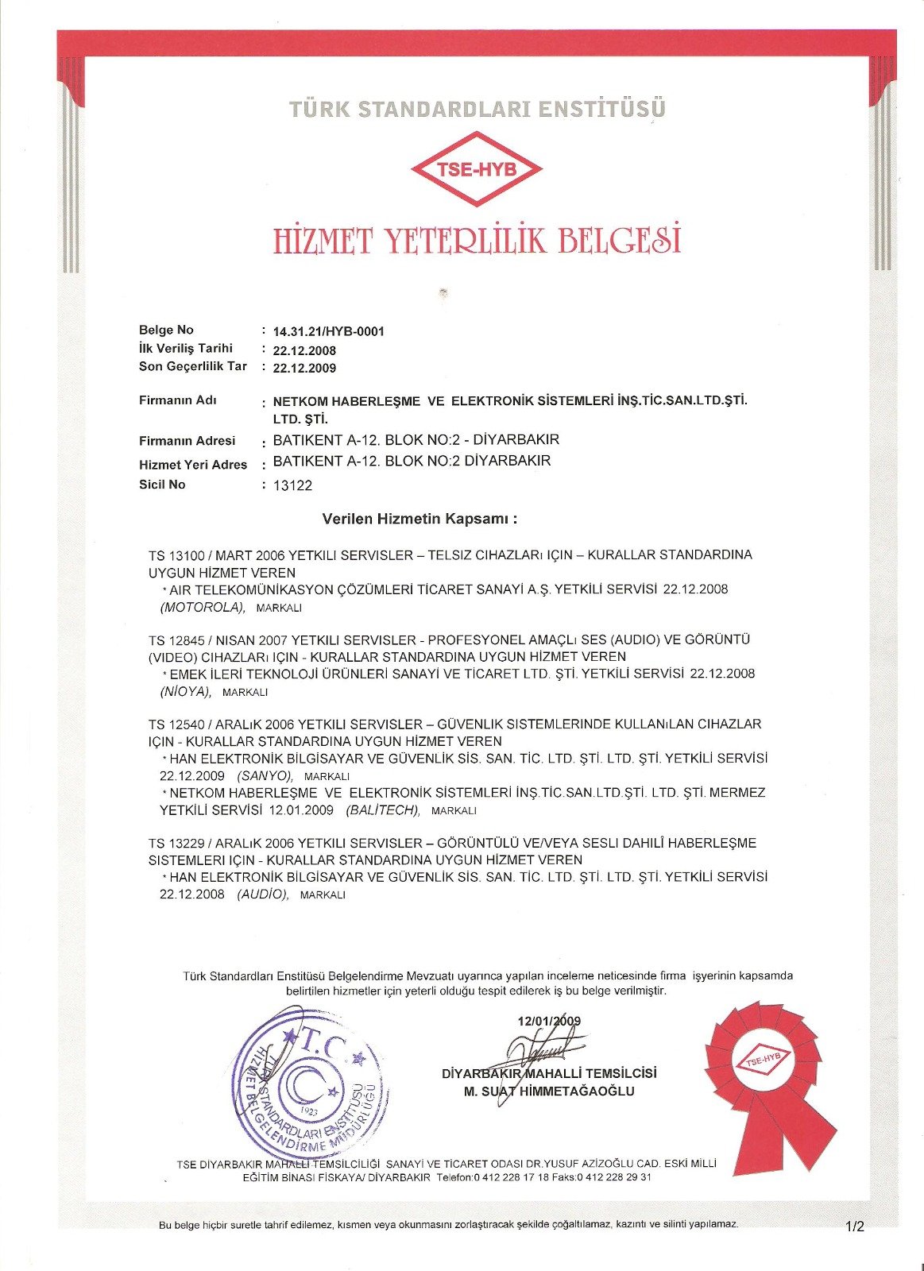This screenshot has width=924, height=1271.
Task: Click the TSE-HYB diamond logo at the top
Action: click(x=476, y=169)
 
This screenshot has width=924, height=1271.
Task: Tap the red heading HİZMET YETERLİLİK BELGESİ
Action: click(x=477, y=240)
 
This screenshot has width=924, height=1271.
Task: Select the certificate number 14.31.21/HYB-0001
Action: click(x=328, y=331)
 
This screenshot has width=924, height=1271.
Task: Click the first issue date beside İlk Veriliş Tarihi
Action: click(x=304, y=350)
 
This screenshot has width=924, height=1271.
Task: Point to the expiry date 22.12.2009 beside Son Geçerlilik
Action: click(x=304, y=368)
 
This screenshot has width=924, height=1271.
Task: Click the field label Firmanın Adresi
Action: click(x=187, y=441)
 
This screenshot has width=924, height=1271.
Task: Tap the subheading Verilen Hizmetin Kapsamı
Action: click(x=419, y=520)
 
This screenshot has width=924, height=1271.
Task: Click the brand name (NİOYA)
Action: click(x=186, y=691)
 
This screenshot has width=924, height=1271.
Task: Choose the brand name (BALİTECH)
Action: click(x=382, y=809)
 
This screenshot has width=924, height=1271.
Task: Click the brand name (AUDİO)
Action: click(x=262, y=894)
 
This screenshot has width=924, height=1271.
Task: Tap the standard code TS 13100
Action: click(x=176, y=554)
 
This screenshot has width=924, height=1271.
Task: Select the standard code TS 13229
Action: click(x=176, y=843)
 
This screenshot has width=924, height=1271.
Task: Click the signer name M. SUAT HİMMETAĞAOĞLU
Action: click(x=549, y=1091)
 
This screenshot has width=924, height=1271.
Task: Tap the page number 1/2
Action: click(x=855, y=1227)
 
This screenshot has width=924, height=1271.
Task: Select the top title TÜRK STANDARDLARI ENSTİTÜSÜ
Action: click(x=477, y=109)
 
